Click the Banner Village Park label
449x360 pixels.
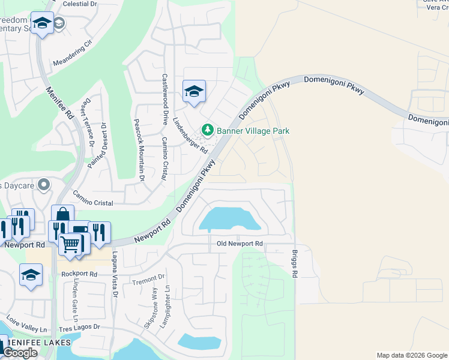click(x=253, y=131)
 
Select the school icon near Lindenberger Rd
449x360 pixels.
click(x=194, y=92)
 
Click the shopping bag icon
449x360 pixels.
click(x=62, y=215)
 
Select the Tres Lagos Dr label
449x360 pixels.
click(x=79, y=328)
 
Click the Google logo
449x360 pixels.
click(x=20, y=353)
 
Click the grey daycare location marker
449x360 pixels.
click(x=43, y=185)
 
